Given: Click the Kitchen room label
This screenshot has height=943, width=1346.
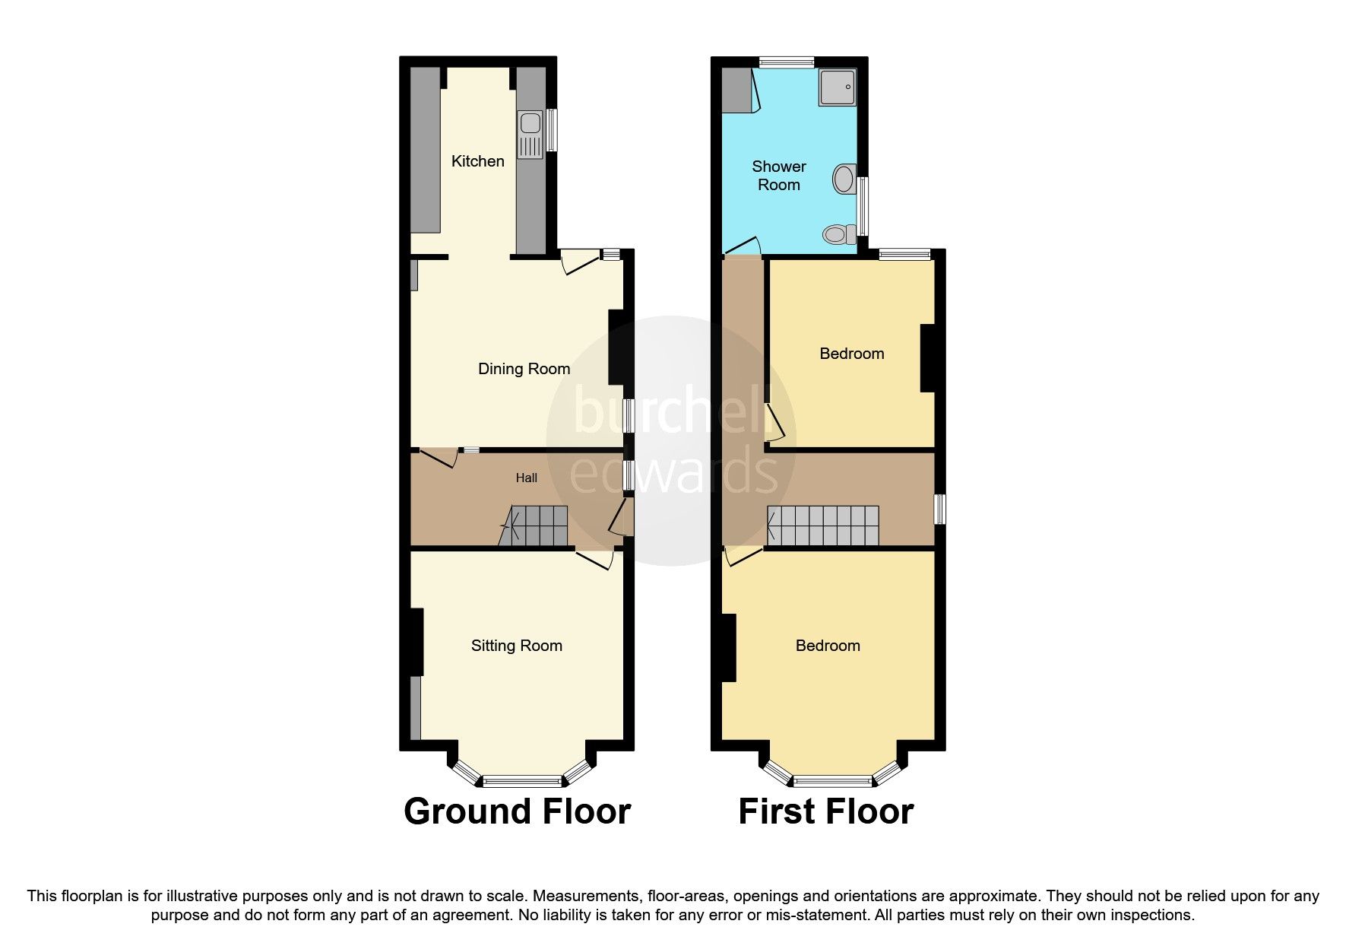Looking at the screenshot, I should click(x=477, y=161).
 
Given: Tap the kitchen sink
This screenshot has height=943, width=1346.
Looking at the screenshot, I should click(x=530, y=135).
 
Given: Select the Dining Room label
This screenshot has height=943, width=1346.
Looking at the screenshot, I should click(x=524, y=369).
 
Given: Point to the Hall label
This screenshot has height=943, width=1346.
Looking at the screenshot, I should click(x=526, y=478).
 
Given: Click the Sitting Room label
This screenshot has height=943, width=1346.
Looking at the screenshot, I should click(x=516, y=646).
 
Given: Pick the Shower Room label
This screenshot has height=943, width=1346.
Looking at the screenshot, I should click(x=778, y=176).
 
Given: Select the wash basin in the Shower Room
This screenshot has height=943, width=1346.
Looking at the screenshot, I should click(x=844, y=179).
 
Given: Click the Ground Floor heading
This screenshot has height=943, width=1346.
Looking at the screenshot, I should click(x=517, y=811).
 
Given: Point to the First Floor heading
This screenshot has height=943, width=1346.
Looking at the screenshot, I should click(x=825, y=811).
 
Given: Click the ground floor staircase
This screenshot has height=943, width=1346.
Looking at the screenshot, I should click(x=536, y=525).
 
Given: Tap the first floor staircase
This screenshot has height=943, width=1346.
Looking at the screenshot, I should click(x=822, y=525).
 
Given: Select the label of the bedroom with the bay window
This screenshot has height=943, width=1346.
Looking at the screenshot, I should click(x=828, y=646).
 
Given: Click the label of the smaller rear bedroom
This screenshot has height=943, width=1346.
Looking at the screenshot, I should click(x=851, y=354).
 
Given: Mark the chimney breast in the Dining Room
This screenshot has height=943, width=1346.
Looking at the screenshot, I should click(x=616, y=348).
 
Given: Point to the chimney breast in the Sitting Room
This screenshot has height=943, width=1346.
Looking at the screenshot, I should click(x=416, y=641).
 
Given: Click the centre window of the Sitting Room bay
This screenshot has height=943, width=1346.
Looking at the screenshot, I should click(x=522, y=779).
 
